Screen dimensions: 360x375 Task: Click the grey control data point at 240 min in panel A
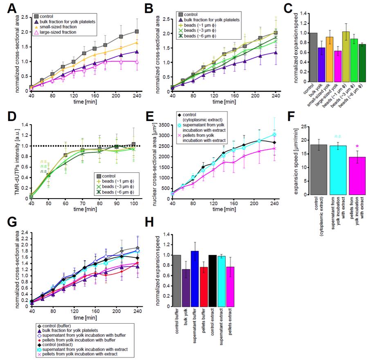[137, 31]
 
